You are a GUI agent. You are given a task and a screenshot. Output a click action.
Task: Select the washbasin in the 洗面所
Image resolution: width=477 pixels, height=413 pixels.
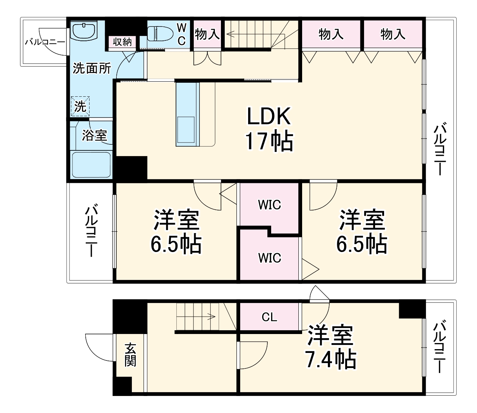[84, 30]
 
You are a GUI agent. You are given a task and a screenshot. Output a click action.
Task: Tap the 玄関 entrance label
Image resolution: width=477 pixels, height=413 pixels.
[130, 354]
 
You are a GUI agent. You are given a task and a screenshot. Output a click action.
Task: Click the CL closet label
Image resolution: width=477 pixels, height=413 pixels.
[269, 317]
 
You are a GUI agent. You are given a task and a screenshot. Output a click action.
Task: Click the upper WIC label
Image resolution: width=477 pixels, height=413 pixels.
[269, 205]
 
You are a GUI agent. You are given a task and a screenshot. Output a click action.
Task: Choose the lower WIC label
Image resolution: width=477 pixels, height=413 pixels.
[269, 258]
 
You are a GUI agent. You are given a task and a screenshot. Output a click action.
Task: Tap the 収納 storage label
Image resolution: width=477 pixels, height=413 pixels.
[122, 42]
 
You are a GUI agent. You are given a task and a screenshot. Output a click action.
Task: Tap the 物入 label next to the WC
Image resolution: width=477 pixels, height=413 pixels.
[207, 34]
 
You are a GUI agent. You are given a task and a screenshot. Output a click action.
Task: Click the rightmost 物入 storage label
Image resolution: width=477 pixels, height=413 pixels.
[393, 34]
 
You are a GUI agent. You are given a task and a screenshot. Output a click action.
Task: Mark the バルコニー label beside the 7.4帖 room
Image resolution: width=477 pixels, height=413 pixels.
[439, 347]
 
